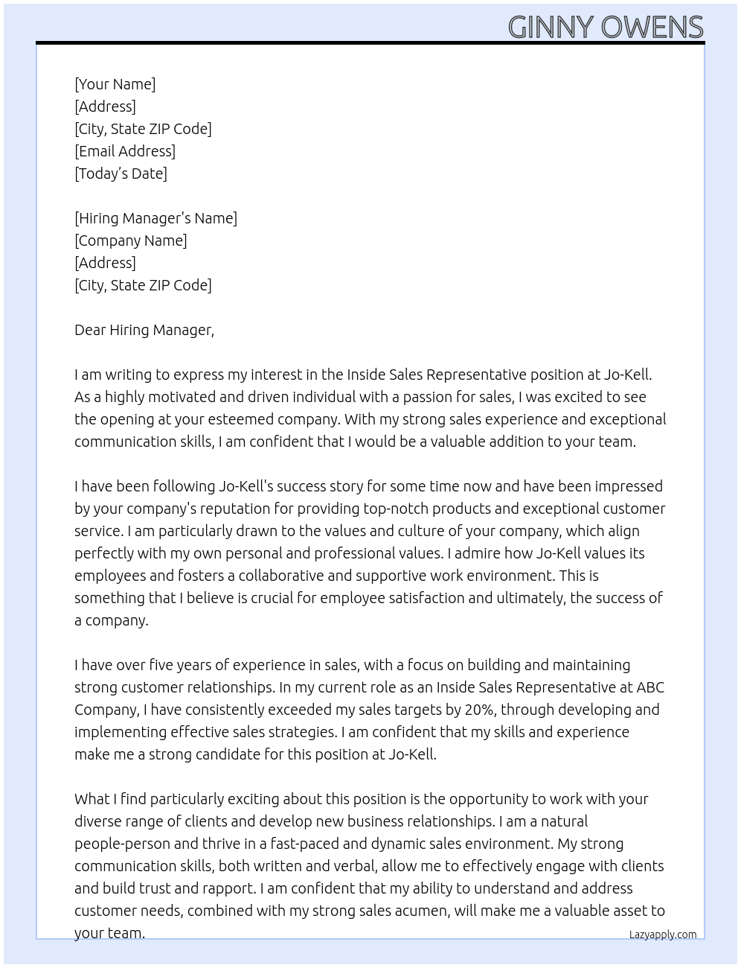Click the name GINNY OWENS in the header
606,27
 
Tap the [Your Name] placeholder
115,84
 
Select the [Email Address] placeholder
125,151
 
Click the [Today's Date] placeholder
121,173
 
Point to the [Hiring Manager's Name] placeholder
156,218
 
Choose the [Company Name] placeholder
131,241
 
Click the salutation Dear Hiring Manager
144,330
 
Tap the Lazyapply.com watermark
663,934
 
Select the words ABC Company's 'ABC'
650,687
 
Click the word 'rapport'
225,888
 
